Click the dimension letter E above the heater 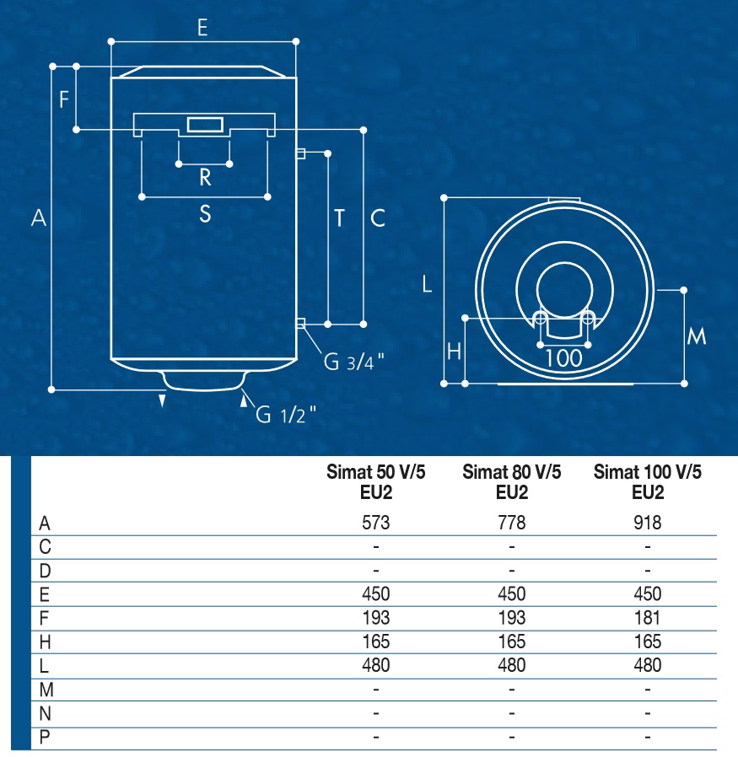tap(202, 28)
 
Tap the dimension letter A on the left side tap(39, 217)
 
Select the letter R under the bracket tap(205, 178)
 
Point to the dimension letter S tap(205, 213)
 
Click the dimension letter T tap(340, 218)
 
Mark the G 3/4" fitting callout tap(353, 362)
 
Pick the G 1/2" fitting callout tap(285, 414)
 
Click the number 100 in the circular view tap(563, 358)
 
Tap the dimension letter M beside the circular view tap(697, 336)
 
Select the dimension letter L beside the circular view tap(427, 284)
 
